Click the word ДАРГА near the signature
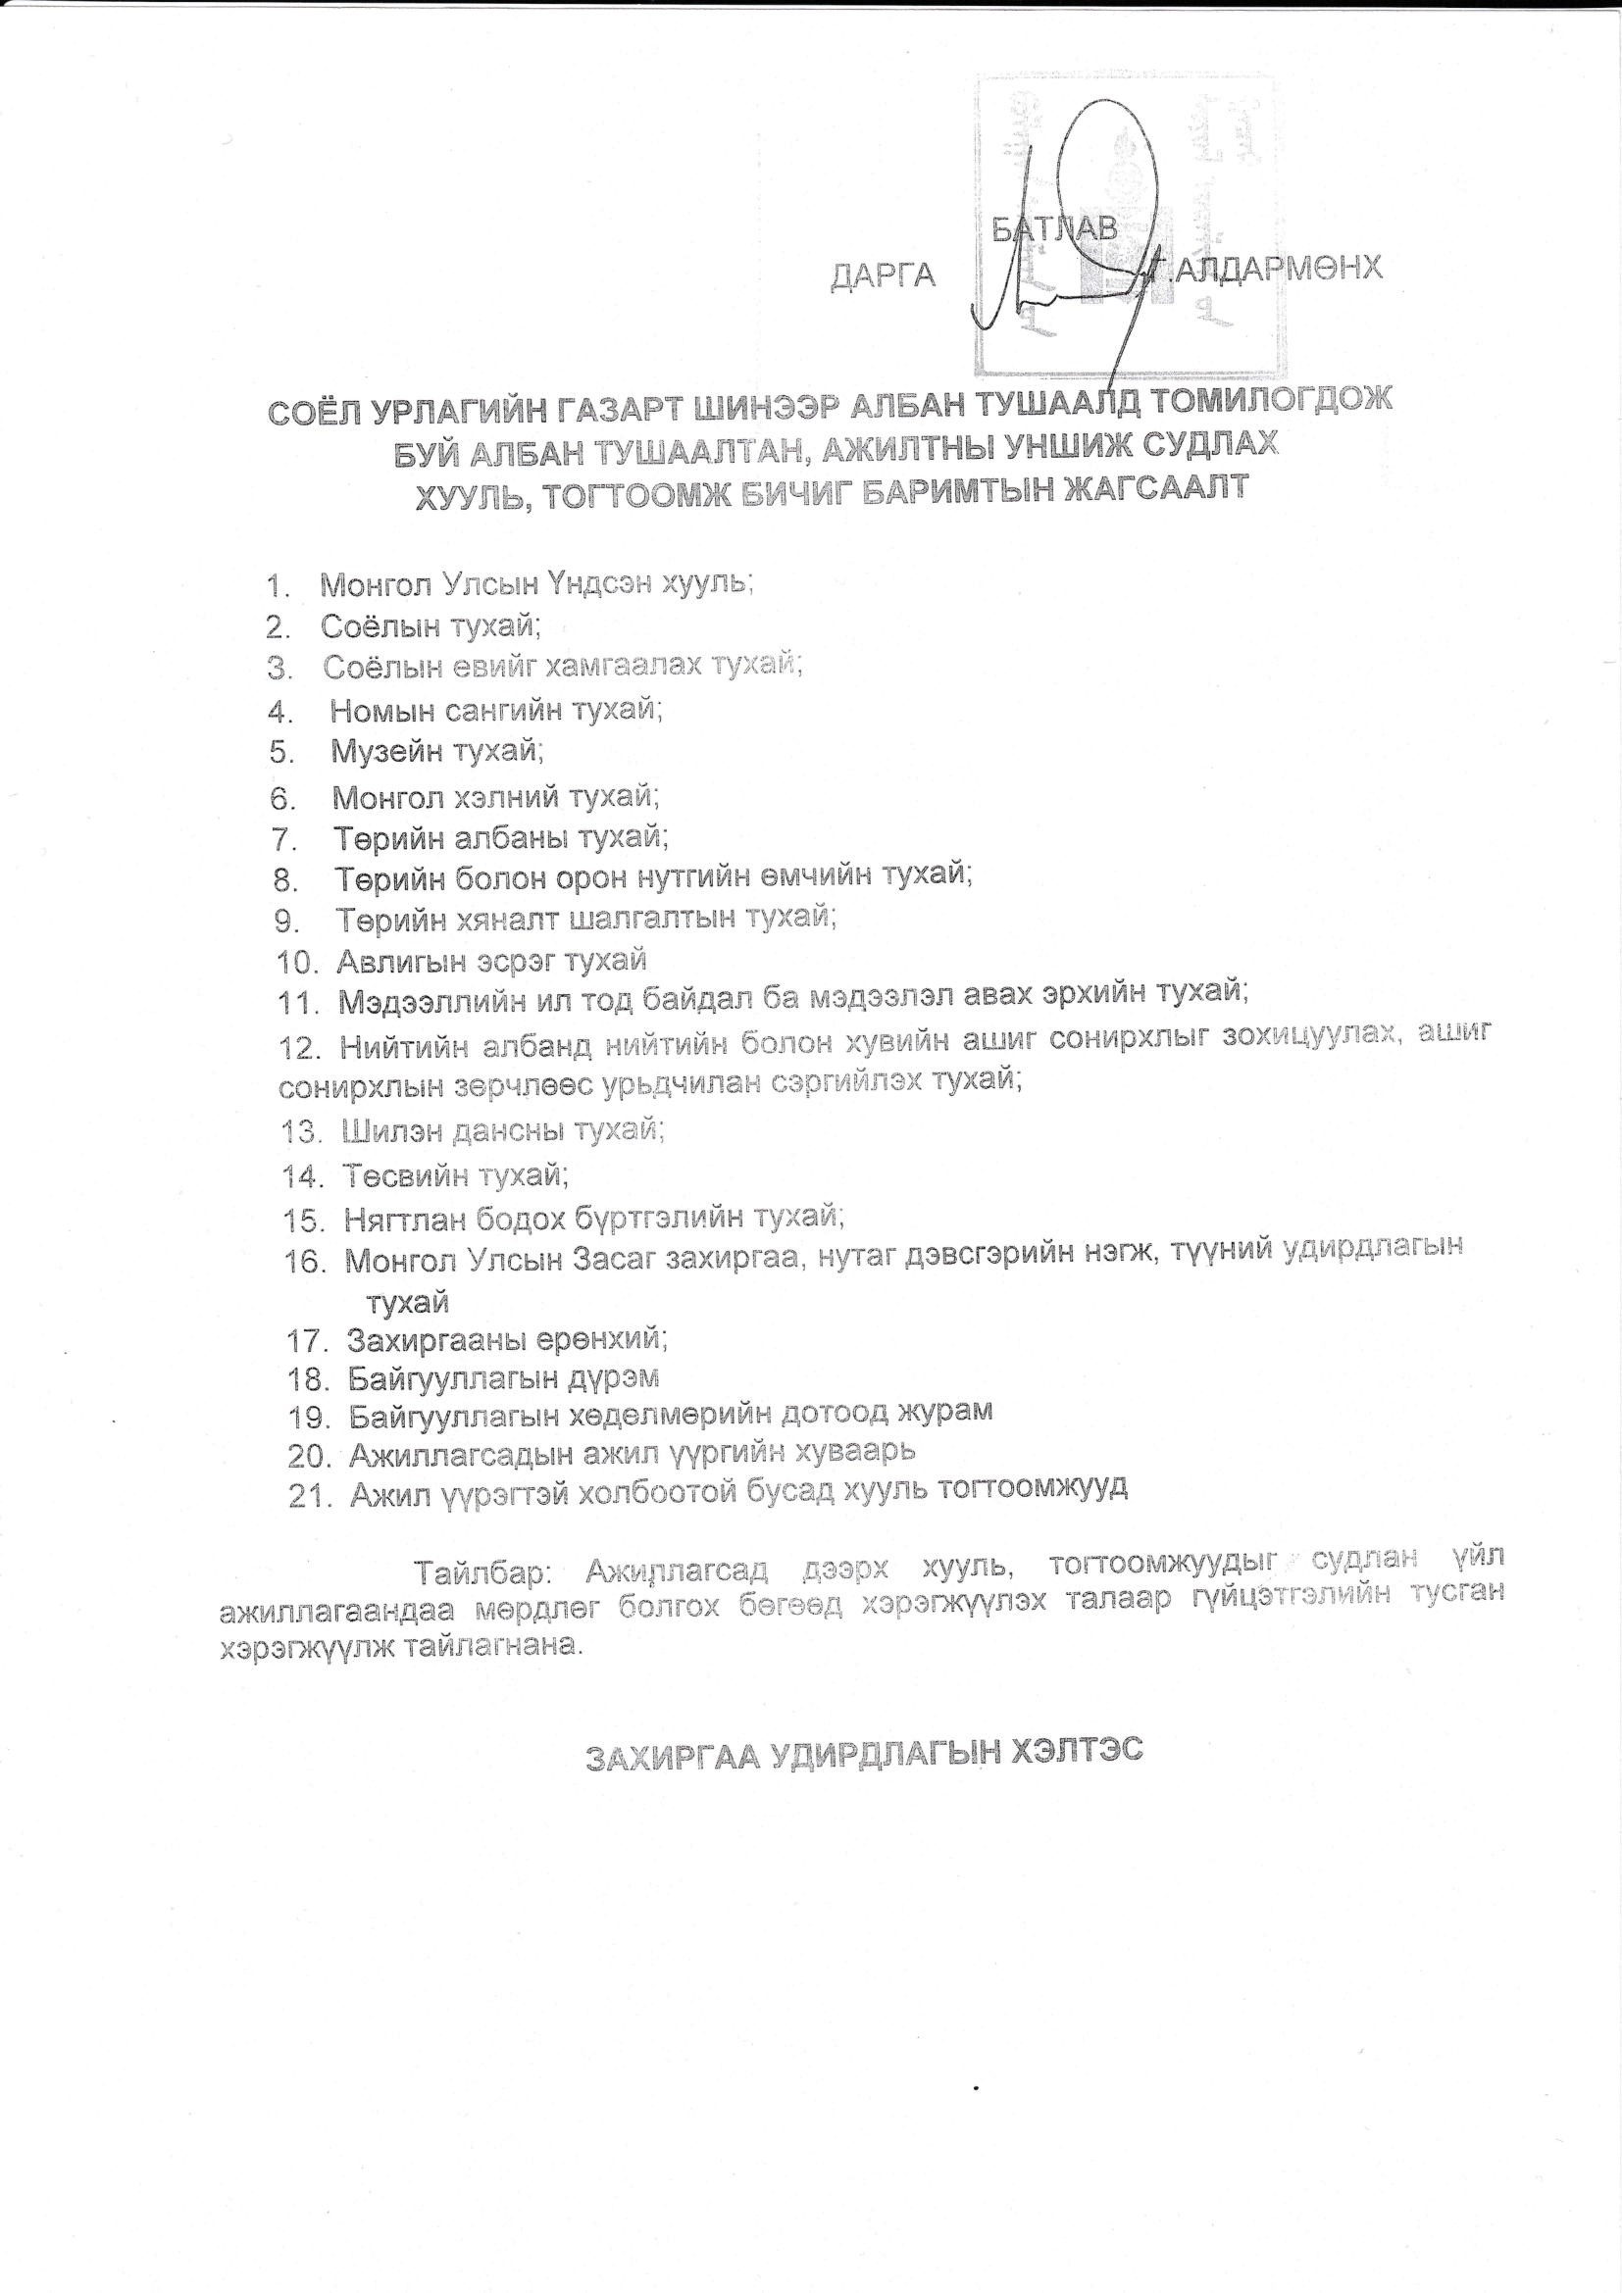pos(883,274)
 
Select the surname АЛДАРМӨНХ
pos(1279,269)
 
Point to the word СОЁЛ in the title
pos(312,412)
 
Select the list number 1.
pos(277,585)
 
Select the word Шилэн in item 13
pos(390,1130)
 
